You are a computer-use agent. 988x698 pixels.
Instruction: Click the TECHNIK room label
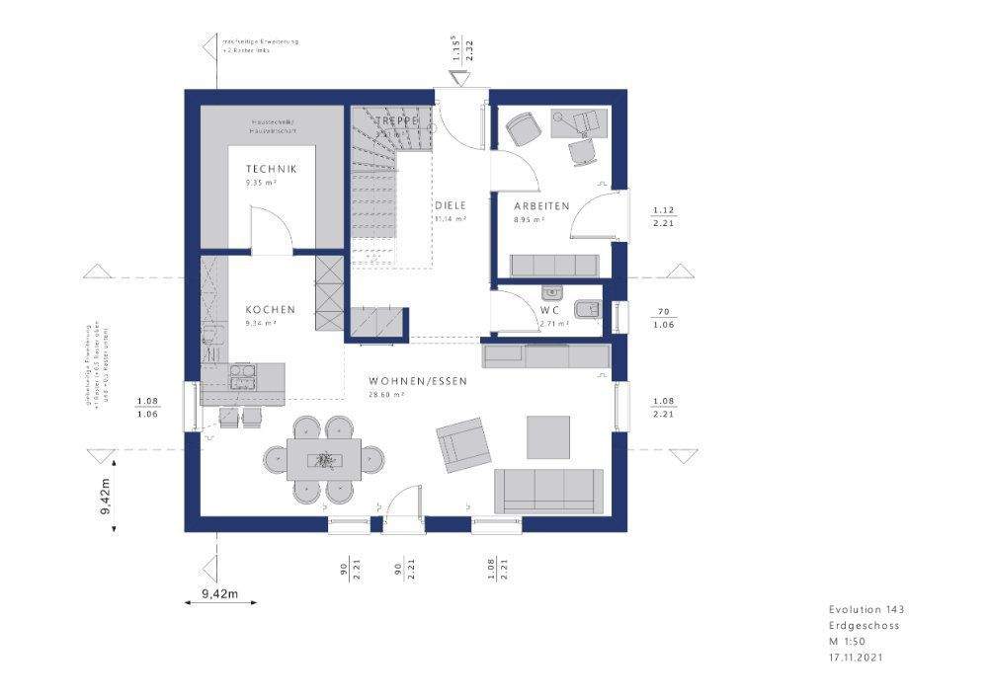coord(272,169)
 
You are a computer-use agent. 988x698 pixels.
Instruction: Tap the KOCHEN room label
coord(271,310)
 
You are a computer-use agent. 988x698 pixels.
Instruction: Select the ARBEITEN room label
coord(540,205)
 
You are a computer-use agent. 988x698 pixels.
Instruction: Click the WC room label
coord(550,310)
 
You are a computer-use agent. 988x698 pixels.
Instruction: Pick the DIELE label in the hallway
coord(450,205)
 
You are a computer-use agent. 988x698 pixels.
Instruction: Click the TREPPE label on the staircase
coord(397,120)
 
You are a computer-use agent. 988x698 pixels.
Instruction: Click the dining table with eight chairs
coord(323,458)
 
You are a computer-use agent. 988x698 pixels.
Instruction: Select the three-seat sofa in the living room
coord(548,489)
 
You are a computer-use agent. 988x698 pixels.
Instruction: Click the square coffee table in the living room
coord(548,434)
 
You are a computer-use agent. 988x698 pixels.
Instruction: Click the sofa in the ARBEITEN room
coord(554,265)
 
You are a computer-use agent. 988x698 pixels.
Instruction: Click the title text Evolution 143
coord(865,610)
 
